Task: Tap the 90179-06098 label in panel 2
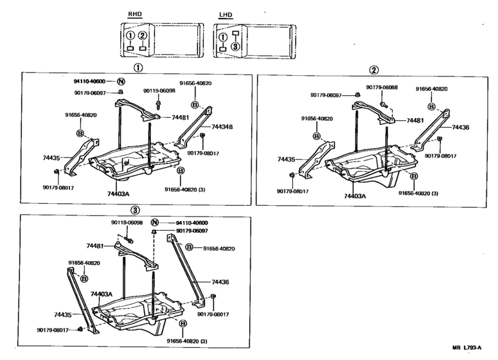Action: pos(382,87)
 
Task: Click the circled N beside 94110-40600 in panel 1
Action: pos(120,82)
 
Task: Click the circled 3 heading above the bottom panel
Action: pos(134,210)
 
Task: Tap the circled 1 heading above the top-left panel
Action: pos(138,67)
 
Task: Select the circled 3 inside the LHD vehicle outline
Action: pos(236,46)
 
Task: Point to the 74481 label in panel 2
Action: pos(414,120)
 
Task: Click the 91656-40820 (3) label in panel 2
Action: pos(418,193)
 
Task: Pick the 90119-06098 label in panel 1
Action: pos(159,91)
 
